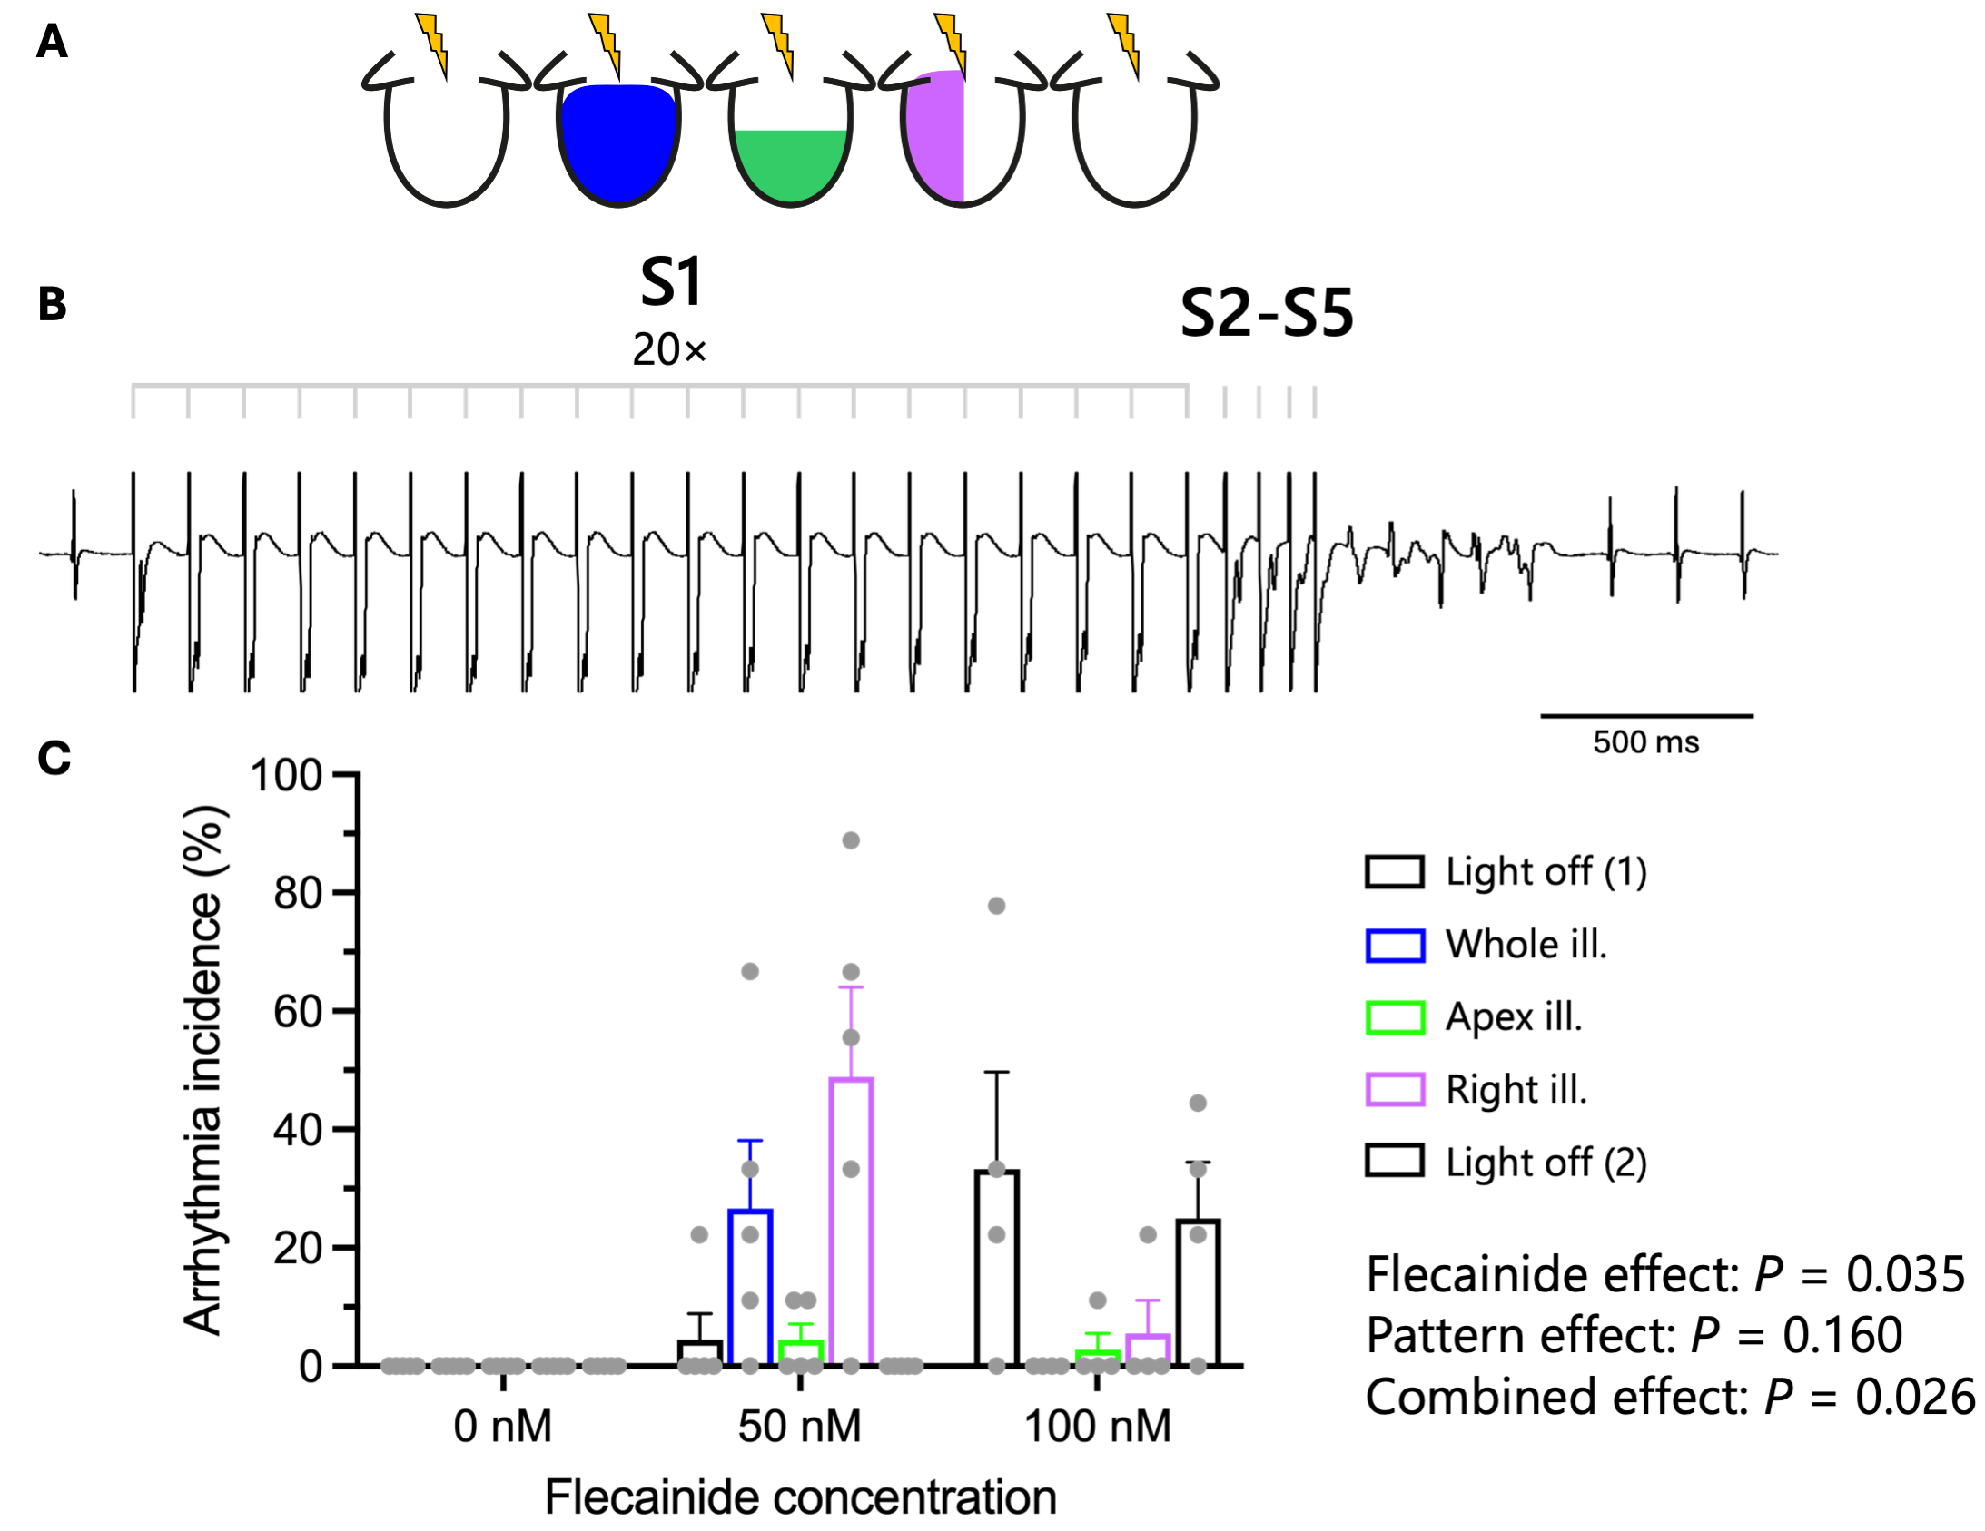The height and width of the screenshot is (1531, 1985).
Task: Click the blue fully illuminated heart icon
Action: [618, 141]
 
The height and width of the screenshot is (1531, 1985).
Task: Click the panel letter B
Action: [52, 304]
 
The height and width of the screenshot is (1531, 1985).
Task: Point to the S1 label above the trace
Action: [671, 282]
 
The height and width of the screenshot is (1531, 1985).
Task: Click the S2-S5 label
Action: [1266, 314]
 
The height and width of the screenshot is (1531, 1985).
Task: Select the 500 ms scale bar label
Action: [1645, 742]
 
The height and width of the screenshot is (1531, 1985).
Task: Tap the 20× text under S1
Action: [669, 349]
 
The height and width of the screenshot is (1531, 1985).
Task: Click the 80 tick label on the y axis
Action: [298, 894]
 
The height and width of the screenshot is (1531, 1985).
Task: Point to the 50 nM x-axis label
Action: [799, 1426]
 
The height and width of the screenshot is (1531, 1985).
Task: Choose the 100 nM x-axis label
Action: [1097, 1426]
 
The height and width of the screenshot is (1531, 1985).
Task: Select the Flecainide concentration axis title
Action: [800, 1497]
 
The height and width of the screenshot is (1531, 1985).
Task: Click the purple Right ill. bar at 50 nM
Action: [851, 1222]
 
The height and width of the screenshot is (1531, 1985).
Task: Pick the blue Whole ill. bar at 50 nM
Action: [750, 1287]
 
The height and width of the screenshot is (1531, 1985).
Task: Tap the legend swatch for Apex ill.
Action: [1394, 1016]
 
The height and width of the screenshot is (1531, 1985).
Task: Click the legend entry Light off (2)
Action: [1546, 1163]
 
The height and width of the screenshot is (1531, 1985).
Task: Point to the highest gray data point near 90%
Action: [851, 840]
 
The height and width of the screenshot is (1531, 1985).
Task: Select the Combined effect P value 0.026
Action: [1914, 1397]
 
